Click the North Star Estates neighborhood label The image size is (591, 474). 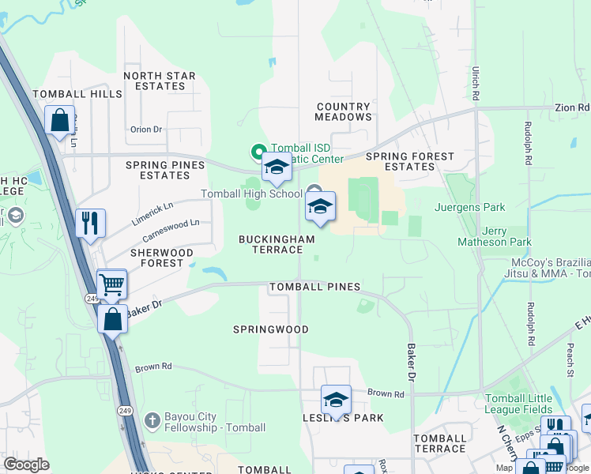160,81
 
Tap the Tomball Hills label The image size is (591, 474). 77,94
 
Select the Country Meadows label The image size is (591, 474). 343,111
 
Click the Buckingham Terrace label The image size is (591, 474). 277,244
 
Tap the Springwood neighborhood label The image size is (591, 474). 271,329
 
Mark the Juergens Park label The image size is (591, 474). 469,209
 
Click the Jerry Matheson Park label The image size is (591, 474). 495,236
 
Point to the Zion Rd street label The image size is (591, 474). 572,107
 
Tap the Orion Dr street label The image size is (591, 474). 146,130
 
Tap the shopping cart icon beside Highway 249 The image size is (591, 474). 112,283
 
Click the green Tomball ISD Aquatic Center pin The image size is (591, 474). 257,150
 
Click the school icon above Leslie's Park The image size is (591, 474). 336,399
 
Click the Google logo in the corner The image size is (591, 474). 26,465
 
